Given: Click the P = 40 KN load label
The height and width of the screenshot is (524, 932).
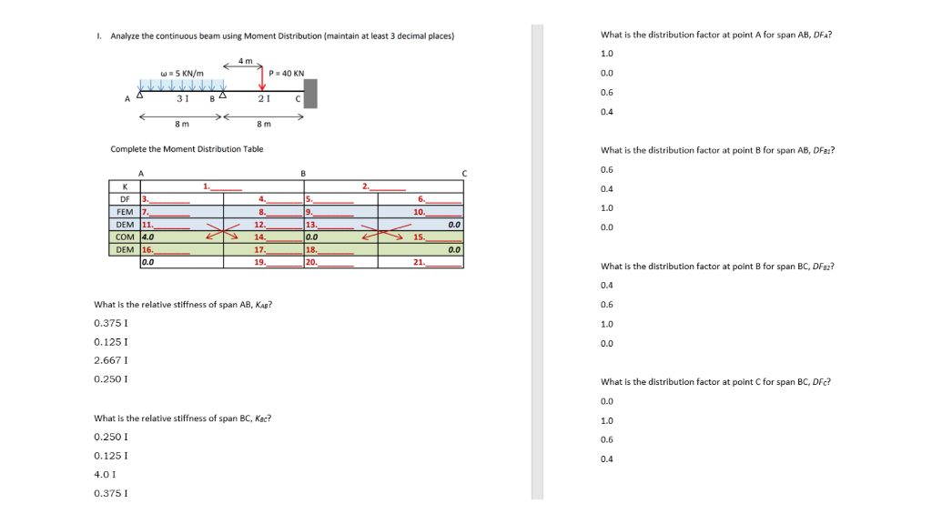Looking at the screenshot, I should click(287, 73).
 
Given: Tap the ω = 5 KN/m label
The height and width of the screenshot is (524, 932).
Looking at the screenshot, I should click(181, 73).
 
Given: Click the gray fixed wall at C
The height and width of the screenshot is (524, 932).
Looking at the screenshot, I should click(310, 93).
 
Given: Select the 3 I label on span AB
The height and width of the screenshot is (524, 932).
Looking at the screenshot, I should click(182, 98).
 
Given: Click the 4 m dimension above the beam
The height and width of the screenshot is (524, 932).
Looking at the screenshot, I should click(245, 61).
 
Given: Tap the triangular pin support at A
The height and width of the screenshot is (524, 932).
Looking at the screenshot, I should click(140, 94).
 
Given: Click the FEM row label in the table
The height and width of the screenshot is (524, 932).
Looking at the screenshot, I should click(125, 211).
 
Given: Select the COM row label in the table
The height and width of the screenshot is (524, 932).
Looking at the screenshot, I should click(125, 237).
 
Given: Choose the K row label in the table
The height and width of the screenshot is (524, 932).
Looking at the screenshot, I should click(125, 186).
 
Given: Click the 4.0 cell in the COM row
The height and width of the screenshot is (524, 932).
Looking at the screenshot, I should click(149, 237).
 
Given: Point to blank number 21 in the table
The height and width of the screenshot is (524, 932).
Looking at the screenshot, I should click(419, 262).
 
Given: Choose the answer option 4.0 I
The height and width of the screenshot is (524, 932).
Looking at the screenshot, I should click(103, 475).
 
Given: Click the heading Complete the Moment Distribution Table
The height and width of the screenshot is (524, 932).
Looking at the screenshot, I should click(187, 149).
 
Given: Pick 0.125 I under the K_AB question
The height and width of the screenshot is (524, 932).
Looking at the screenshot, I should click(110, 341).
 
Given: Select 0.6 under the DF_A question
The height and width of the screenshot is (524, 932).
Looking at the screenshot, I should click(607, 93).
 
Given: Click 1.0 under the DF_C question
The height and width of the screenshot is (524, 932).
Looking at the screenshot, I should click(607, 420).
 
